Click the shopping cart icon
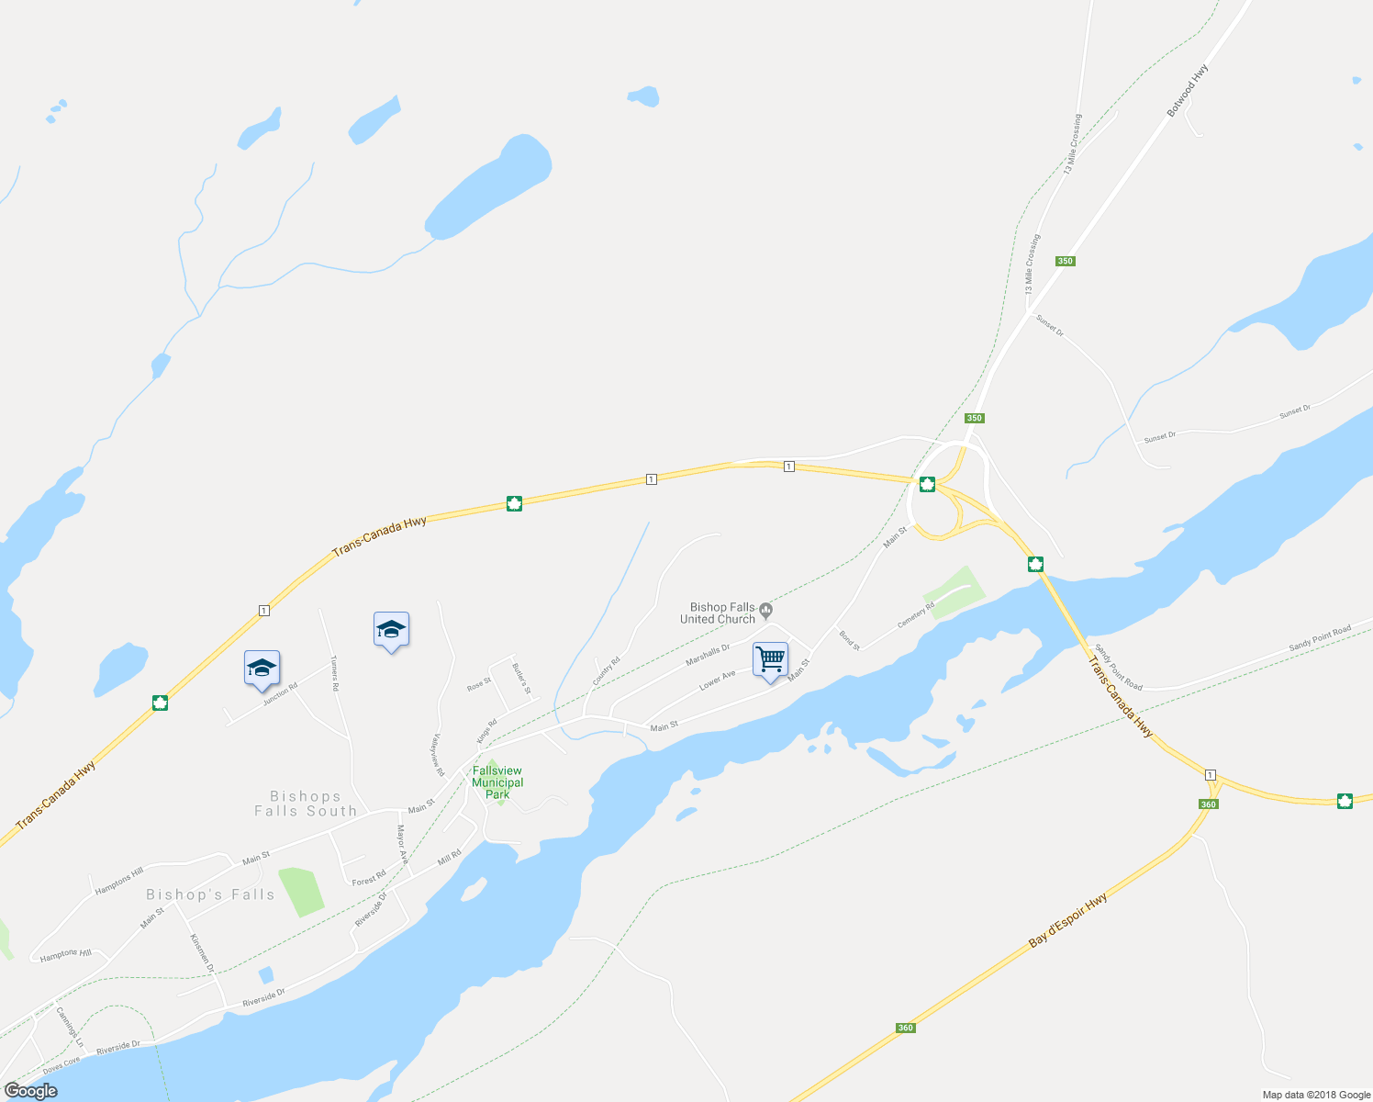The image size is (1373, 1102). (770, 658)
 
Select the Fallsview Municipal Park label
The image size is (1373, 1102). (497, 782)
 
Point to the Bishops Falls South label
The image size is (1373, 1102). (306, 804)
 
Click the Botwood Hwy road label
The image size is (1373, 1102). (1187, 90)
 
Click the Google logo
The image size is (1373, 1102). (30, 1091)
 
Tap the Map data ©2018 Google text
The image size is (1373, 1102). (1316, 1095)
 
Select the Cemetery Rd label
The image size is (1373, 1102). (915, 615)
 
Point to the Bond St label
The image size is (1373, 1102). (849, 640)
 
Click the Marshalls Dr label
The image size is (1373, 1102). (708, 656)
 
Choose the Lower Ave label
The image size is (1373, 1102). (717, 680)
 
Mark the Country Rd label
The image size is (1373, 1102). (606, 670)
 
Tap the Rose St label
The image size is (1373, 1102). (479, 684)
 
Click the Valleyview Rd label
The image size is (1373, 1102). (437, 755)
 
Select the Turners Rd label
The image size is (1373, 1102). (335, 673)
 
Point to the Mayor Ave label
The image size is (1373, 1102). (401, 845)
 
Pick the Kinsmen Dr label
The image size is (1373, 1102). (202, 952)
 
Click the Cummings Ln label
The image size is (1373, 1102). (70, 1027)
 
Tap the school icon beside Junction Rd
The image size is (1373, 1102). (262, 669)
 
